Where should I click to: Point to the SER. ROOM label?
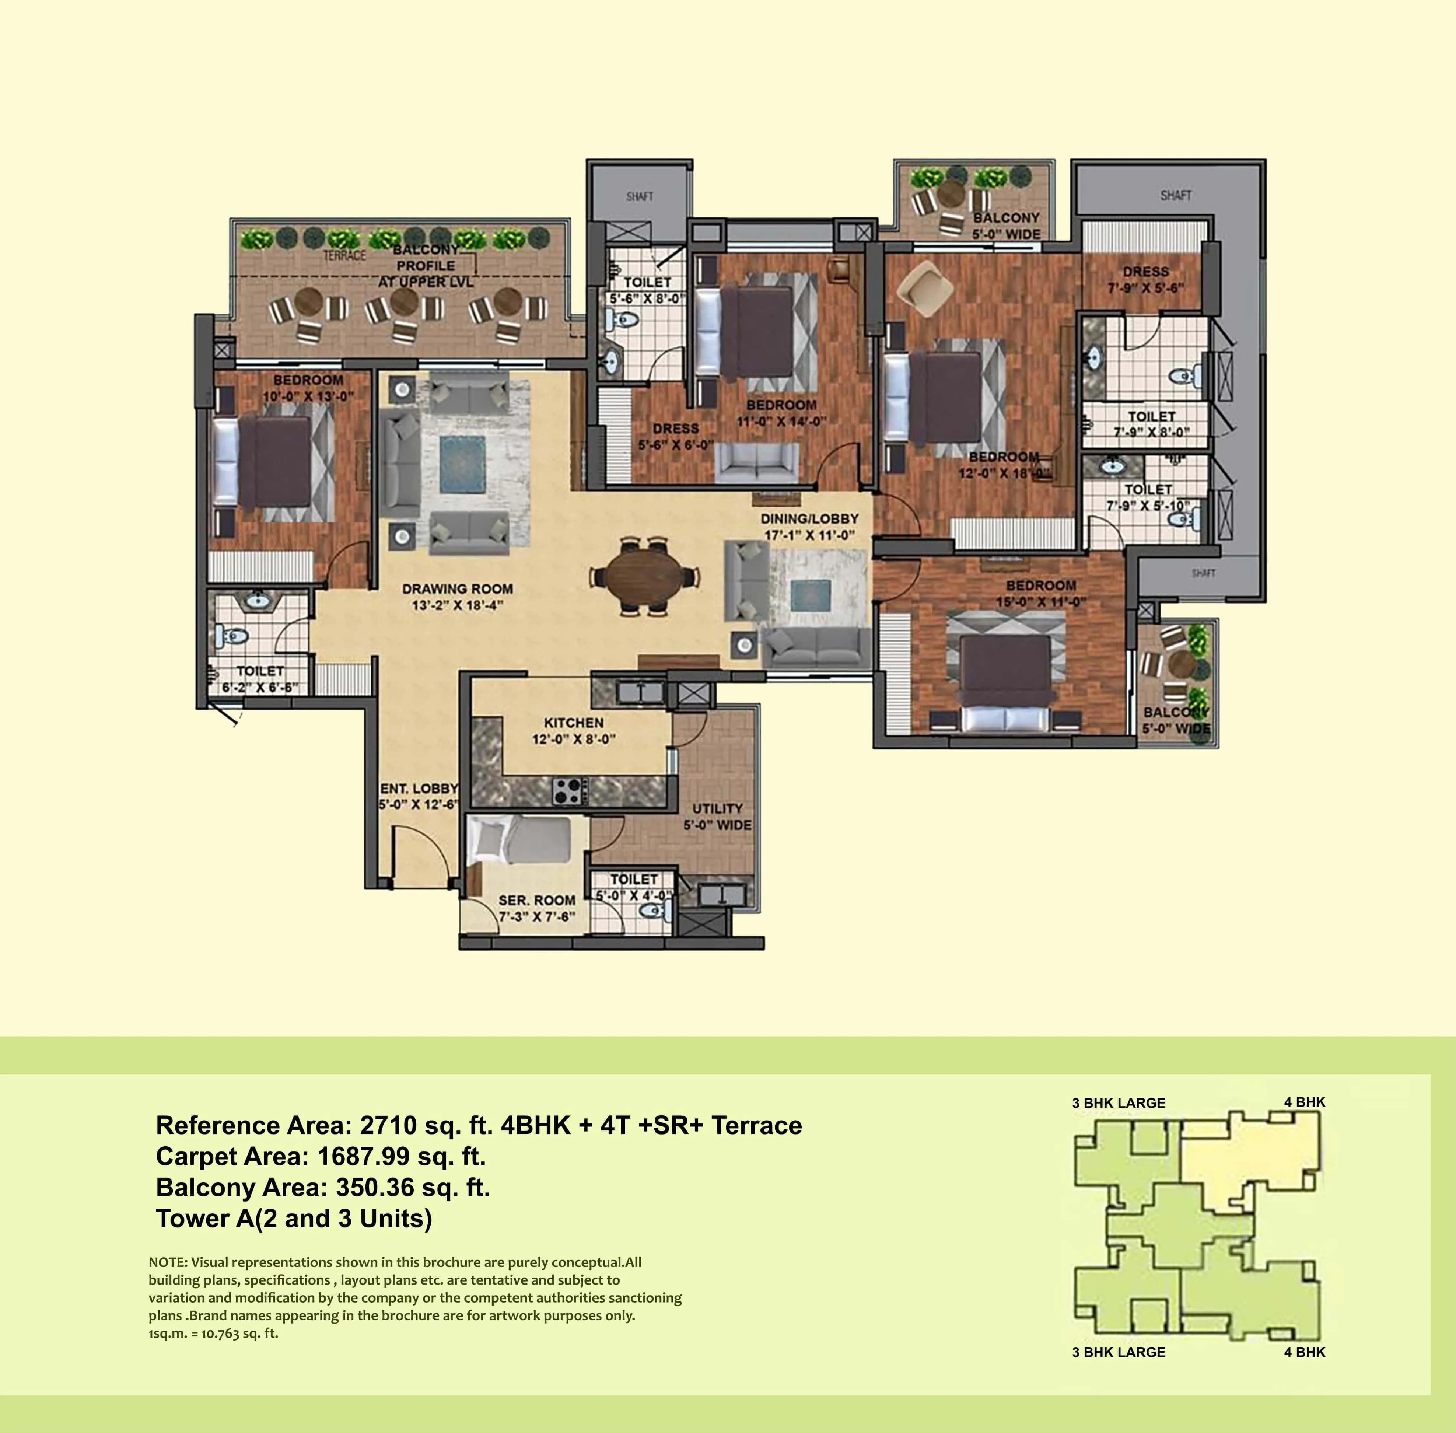(536, 900)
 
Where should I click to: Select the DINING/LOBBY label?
(809, 518)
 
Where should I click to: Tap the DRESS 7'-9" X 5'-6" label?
(1145, 279)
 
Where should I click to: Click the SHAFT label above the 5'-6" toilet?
(640, 196)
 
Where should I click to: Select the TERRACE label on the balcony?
(344, 255)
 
